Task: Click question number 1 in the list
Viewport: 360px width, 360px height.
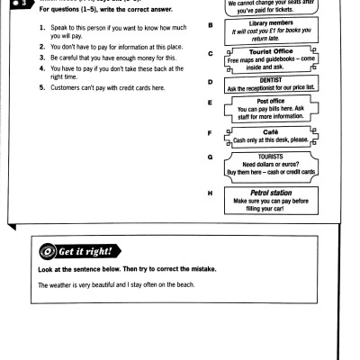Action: [41, 41]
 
